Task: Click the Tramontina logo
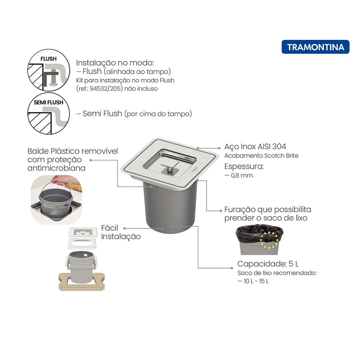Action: click(315, 47)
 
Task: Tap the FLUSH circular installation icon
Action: click(49, 70)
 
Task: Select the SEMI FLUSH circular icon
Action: click(49, 113)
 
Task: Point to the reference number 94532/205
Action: click(105, 89)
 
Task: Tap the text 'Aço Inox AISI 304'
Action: click(255, 147)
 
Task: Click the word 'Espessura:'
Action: click(244, 166)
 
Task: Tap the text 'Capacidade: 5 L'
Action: click(268, 264)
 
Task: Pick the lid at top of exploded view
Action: click(83, 232)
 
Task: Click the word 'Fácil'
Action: click(109, 228)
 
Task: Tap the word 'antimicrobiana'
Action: click(56, 168)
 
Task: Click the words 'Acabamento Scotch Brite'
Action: click(261, 156)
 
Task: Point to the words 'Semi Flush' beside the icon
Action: click(102, 113)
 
